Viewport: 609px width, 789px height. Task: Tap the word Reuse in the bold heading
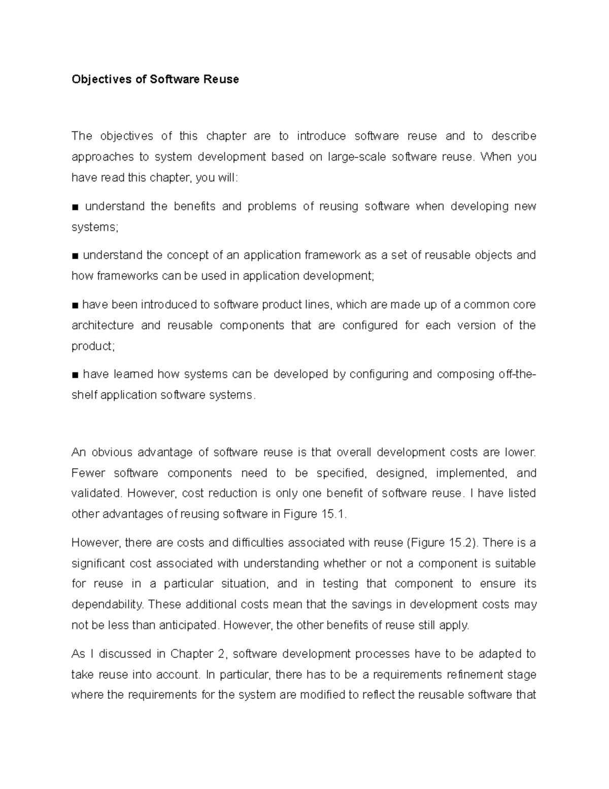tap(221, 80)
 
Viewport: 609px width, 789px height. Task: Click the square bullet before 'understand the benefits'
tap(75, 207)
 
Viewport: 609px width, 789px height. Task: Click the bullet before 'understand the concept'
tap(75, 256)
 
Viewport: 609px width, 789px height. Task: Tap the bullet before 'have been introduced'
tap(75, 305)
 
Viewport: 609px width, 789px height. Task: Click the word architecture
tap(103, 325)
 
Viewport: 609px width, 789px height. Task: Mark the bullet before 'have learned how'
tap(75, 375)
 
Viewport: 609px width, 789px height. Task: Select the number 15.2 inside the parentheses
tap(461, 543)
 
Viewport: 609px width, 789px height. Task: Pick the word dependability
tap(108, 605)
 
